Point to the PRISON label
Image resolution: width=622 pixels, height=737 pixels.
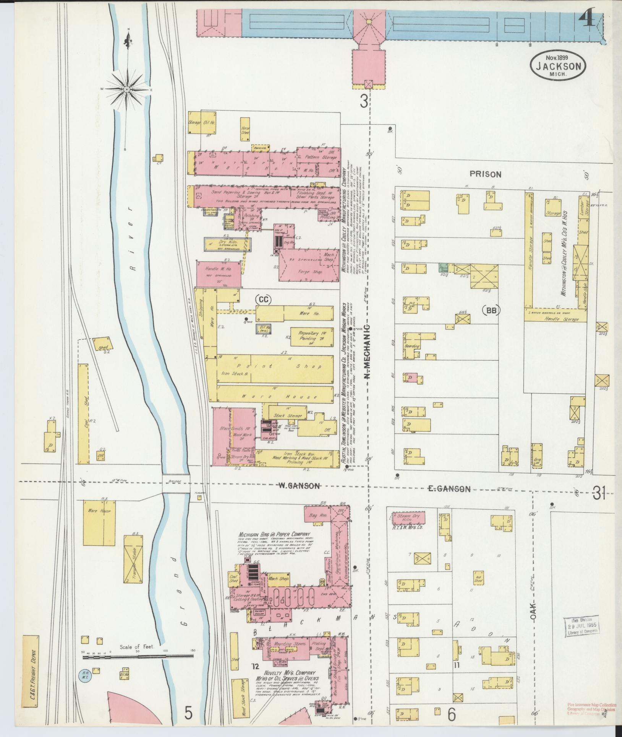[485, 174]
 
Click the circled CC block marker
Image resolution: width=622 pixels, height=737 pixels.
[263, 300]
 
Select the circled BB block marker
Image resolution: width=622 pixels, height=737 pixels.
[491, 311]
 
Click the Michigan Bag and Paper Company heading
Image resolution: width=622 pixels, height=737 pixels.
[274, 534]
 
